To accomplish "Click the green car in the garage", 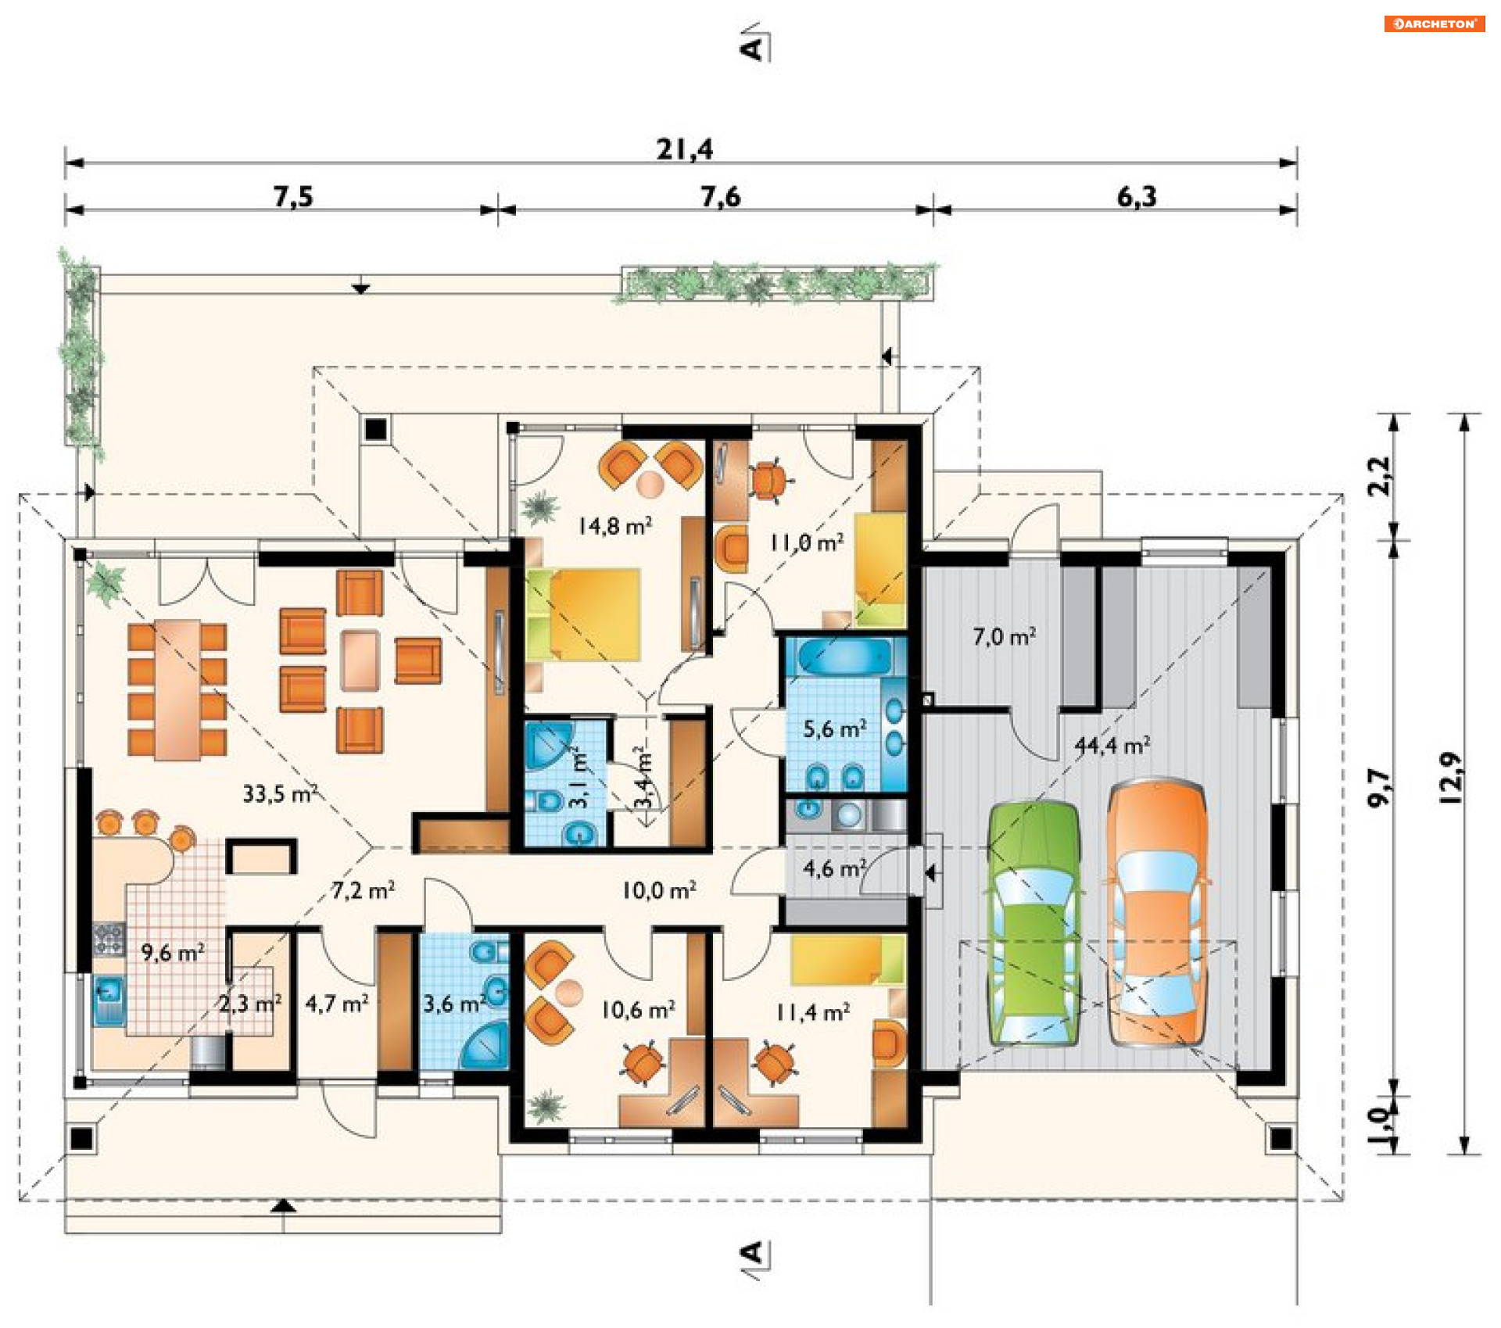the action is (x=1034, y=922).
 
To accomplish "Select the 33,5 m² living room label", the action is (x=280, y=793).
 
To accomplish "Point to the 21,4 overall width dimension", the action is (x=685, y=149).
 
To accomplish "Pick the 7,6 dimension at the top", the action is (x=720, y=196).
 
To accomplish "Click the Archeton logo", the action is (x=1434, y=23).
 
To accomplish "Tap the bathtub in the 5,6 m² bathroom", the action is (x=845, y=656).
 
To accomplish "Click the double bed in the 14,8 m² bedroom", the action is (x=585, y=614).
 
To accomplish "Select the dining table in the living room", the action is (x=177, y=689).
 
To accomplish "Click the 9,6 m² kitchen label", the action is (x=173, y=952).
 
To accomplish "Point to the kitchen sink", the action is (x=109, y=1000).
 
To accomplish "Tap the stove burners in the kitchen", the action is (x=109, y=939).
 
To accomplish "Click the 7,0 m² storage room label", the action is (x=1005, y=636).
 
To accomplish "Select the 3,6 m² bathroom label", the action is (x=454, y=1003).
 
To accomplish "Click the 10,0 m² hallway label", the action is (x=659, y=890).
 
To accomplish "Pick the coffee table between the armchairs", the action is (x=360, y=660).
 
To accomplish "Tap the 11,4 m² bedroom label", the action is (x=812, y=1012).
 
